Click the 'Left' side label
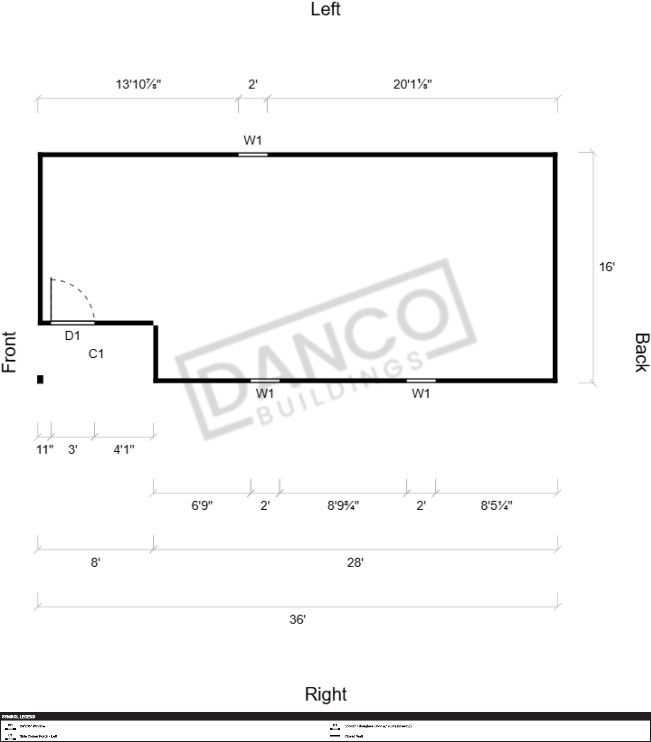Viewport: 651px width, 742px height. point(325,9)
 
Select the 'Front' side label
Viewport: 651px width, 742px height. point(9,352)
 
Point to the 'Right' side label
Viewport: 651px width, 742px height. point(325,695)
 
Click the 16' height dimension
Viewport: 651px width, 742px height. point(607,267)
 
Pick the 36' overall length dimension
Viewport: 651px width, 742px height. point(298,619)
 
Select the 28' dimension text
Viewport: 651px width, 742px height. point(355,562)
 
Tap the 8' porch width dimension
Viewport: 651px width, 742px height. point(95,562)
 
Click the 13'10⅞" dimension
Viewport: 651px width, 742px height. point(138,84)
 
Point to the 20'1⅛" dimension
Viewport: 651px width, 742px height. point(412,84)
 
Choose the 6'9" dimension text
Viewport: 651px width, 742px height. point(202,505)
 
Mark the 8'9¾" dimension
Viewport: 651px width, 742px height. point(343,505)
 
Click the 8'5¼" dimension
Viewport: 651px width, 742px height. point(496,505)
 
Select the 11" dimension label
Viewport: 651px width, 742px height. point(45,450)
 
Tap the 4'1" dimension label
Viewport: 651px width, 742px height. point(124,450)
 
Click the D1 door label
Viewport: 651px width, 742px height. point(72,336)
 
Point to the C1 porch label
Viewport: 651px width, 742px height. point(96,354)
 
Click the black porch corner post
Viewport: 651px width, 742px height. point(40,379)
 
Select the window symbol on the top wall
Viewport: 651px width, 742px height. point(253,155)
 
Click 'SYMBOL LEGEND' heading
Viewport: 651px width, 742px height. point(19,717)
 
